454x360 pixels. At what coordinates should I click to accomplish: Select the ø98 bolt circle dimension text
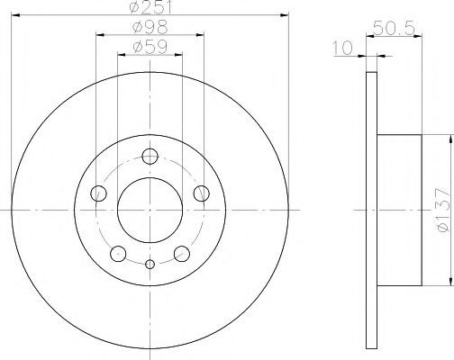150,28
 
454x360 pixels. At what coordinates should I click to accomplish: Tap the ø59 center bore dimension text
150,47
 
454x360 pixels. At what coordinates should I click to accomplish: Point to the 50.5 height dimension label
394,29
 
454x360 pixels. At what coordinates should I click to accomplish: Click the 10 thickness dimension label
343,48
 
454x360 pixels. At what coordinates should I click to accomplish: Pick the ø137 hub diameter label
443,210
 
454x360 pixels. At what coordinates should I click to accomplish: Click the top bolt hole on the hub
150,156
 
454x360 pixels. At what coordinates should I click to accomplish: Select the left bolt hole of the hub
98,193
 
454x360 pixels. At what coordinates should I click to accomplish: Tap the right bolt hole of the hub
202,193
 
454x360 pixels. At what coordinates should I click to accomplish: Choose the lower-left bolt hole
118,254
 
